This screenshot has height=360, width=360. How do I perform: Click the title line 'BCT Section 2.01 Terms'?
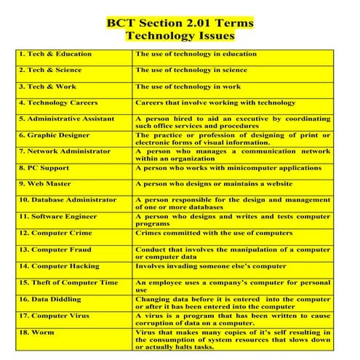180,23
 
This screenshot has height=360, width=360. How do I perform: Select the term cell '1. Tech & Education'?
55,54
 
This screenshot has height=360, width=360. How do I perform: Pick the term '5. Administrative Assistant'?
67,119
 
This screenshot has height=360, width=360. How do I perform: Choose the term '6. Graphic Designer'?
55,135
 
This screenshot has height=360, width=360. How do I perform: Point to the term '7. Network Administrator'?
65,151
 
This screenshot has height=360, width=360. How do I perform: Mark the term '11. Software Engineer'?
60,216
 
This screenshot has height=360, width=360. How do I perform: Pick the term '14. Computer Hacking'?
59,265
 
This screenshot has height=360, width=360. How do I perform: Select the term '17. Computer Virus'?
55,314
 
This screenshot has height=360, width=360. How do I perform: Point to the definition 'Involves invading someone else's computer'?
210,265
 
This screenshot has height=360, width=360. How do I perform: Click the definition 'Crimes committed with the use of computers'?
214,233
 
